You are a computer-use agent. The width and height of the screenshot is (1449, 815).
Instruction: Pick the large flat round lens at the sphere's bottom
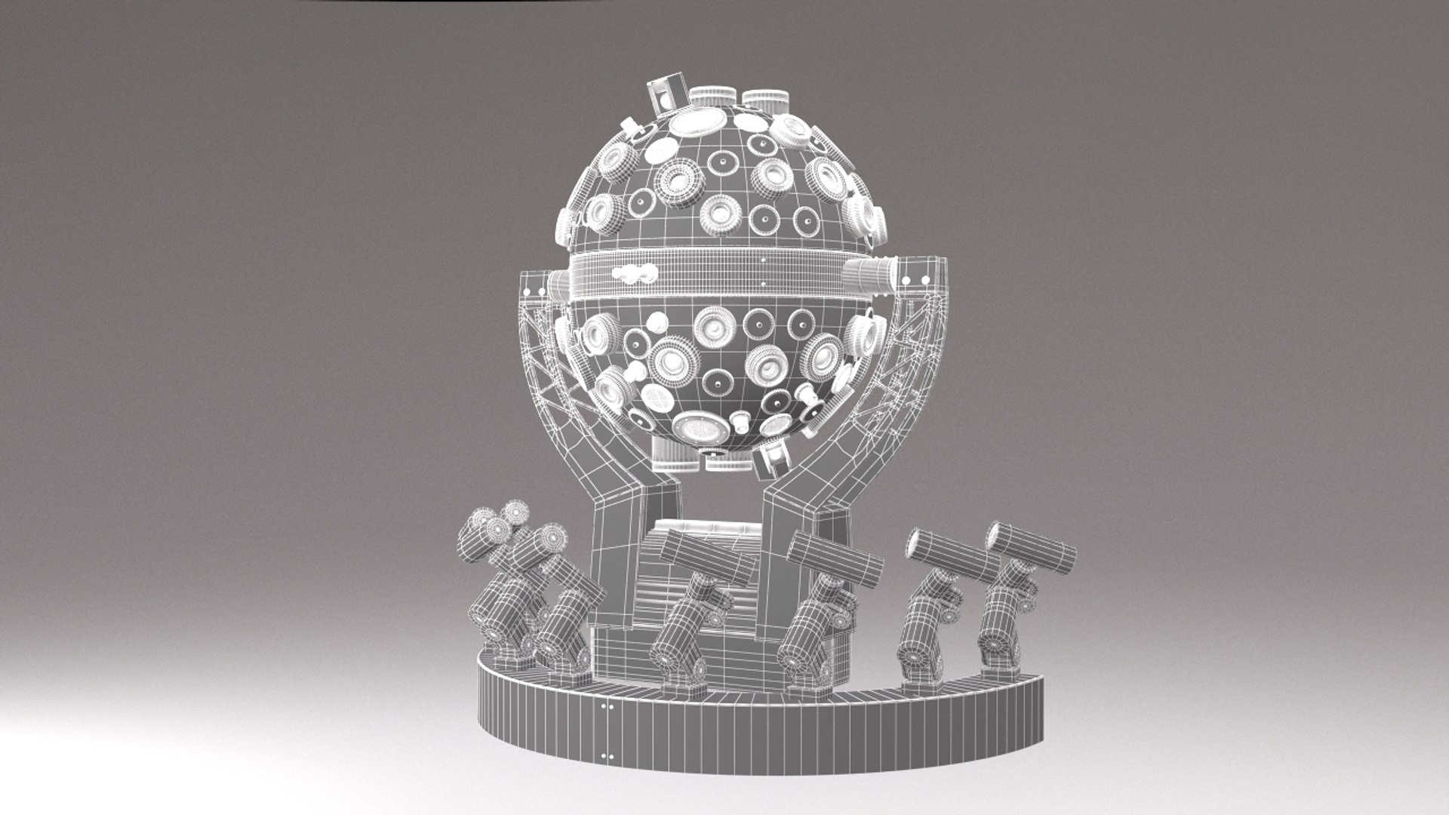pyautogui.click(x=701, y=429)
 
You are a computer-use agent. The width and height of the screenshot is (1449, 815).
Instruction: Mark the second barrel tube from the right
pyautogui.click(x=952, y=555)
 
